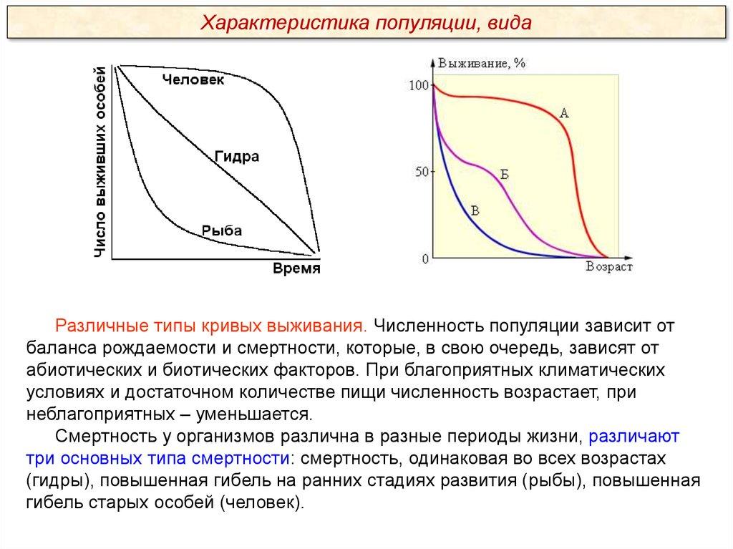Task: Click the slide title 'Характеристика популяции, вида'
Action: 366,22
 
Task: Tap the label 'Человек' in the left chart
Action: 193,79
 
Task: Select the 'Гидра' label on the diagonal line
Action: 237,156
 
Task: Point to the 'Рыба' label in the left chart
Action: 222,230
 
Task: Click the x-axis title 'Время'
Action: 296,268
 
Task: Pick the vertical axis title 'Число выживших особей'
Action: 100,162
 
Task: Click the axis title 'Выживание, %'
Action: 482,63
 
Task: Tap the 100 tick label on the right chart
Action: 419,85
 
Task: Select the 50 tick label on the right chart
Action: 422,172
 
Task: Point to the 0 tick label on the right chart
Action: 425,258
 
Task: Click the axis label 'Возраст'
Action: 609,266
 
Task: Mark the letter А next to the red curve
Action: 564,113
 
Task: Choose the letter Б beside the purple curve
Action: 505,175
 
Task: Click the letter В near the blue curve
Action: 475,211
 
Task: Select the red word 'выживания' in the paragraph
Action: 316,326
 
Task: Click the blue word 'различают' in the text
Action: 634,437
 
